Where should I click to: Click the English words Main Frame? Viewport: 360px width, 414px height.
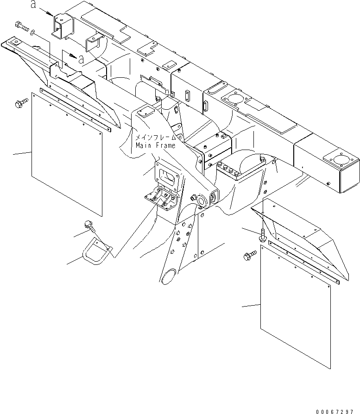[x=156, y=145]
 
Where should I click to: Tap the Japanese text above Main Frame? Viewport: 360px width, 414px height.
[x=156, y=138]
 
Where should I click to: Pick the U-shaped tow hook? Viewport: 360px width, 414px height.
[x=98, y=253]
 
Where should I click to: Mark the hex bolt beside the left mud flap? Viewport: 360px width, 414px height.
[x=21, y=105]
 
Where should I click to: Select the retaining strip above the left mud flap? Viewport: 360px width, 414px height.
[x=76, y=108]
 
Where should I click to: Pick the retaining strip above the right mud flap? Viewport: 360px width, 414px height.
[x=306, y=262]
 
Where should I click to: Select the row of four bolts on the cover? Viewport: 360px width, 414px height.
[x=231, y=169]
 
